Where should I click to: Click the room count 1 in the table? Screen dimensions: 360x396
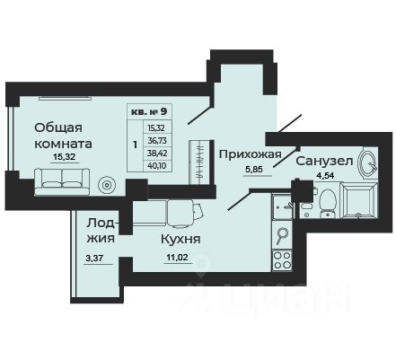[136, 143]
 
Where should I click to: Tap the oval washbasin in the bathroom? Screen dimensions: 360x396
[367, 163]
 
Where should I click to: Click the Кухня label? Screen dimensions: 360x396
[180, 240]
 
